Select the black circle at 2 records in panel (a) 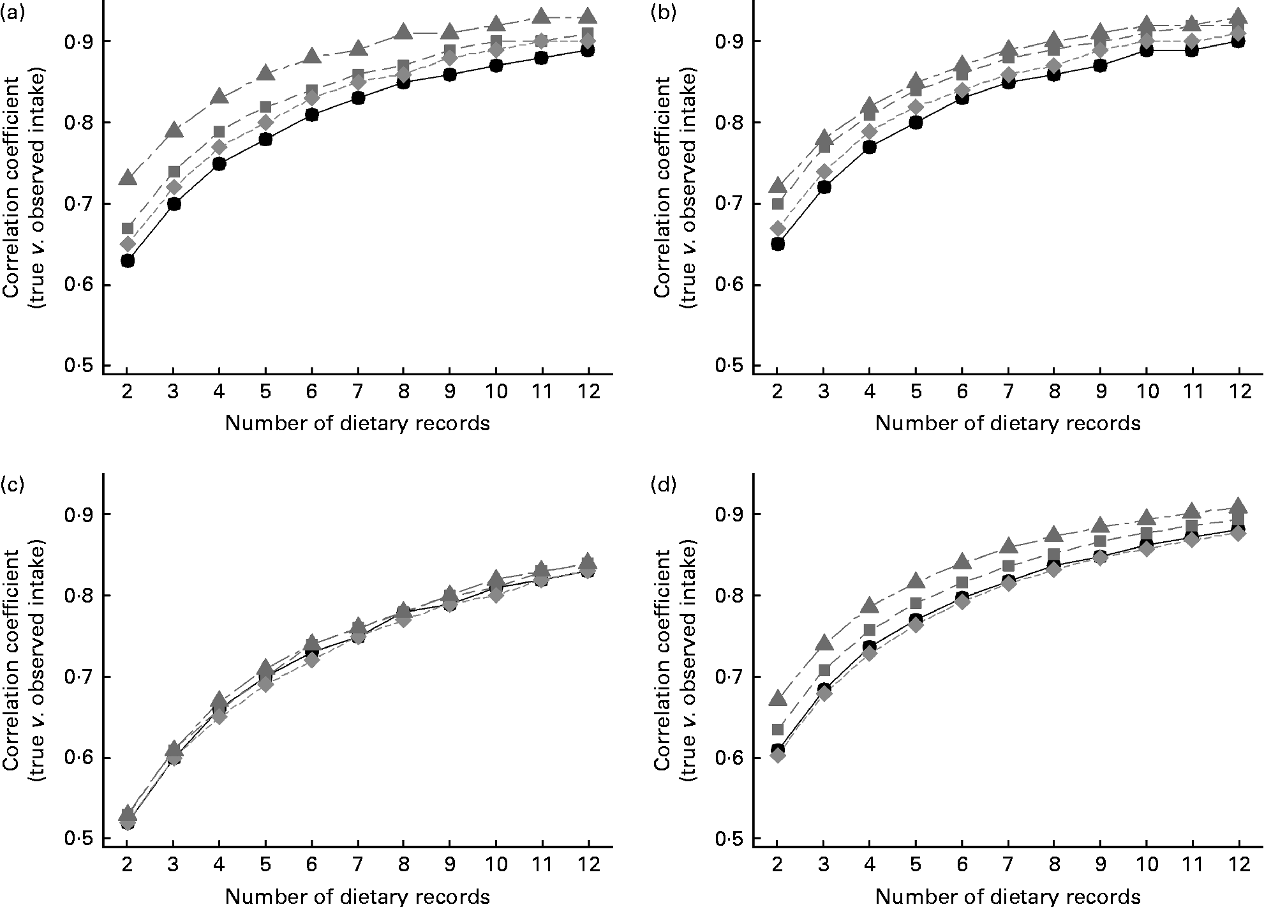[127, 260]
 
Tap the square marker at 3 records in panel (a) [174, 171]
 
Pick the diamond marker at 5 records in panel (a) [265, 122]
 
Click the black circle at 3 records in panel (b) [824, 188]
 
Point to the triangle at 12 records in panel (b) [1238, 17]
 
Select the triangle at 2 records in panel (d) [777, 699]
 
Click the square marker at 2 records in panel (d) [777, 729]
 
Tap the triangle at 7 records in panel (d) [1008, 546]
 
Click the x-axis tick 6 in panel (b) [962, 391]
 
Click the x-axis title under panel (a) [357, 423]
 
